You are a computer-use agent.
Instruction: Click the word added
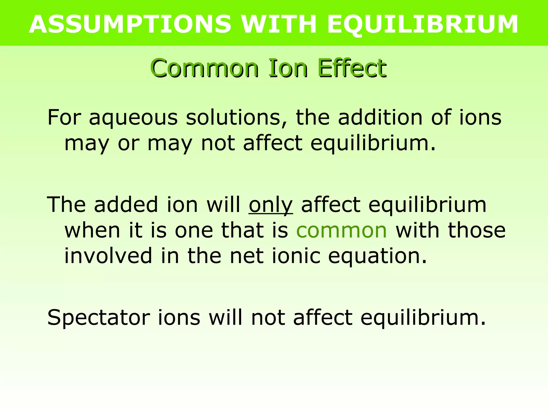(126, 205)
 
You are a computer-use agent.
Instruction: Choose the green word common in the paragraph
(341, 231)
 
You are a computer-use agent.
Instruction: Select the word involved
(108, 256)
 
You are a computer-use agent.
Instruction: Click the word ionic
(296, 256)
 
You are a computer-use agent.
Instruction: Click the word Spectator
(98, 318)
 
